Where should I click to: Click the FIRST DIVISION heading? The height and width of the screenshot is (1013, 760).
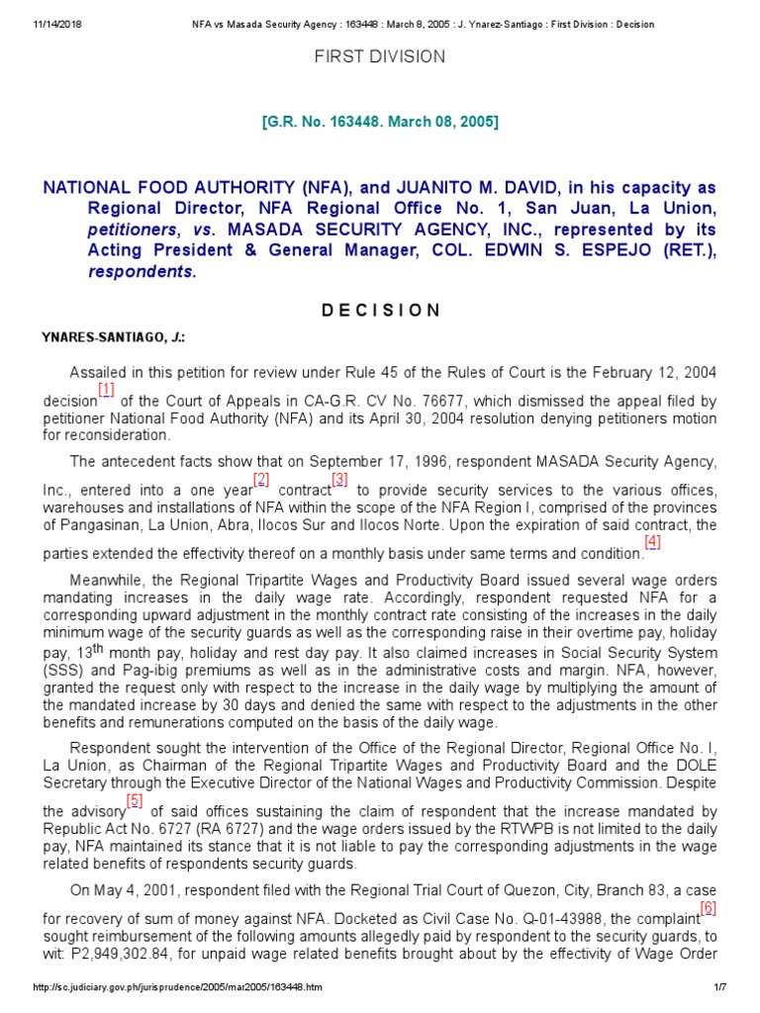380,56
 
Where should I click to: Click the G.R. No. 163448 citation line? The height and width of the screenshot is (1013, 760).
380,122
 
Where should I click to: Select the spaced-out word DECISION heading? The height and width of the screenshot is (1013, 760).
380,310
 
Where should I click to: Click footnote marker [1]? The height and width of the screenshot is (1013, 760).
106,389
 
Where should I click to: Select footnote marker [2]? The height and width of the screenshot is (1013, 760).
261,479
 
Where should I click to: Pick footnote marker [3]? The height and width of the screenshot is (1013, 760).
339,479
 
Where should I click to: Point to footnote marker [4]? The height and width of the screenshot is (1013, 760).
652,541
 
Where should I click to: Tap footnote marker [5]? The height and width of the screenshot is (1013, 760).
135,800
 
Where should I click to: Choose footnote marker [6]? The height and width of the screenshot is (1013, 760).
708,907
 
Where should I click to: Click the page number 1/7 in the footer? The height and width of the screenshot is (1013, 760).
720,987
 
